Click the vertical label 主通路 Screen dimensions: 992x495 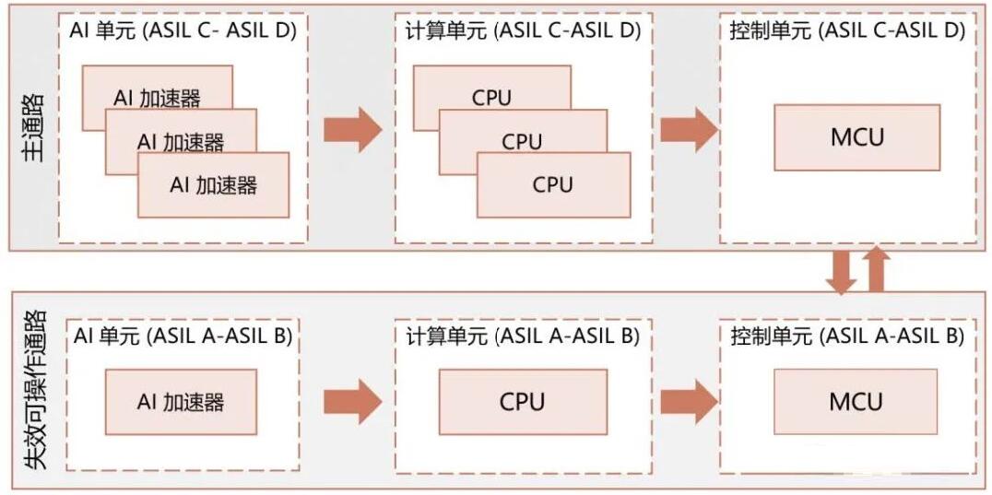pos(36,128)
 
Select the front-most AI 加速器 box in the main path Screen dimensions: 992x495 pos(213,185)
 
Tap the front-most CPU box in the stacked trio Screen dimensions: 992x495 pos(553,184)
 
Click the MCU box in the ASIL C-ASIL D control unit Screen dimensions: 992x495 pos(856,137)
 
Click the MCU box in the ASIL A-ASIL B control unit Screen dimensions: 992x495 pos(856,401)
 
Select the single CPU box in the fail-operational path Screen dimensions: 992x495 pos(523,401)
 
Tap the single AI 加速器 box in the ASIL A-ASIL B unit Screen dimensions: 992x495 pos(181,401)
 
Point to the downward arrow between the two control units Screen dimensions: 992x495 pos(841,272)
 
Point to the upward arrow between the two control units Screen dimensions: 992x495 pos(876,269)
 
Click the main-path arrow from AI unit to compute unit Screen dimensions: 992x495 pos(353,130)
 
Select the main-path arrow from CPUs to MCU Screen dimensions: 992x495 pos(690,130)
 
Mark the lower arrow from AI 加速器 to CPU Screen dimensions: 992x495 pos(353,401)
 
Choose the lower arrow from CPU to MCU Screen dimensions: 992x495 pos(690,401)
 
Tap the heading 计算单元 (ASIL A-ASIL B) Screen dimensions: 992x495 pos(523,337)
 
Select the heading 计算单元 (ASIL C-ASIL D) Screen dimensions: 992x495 pos(523,31)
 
